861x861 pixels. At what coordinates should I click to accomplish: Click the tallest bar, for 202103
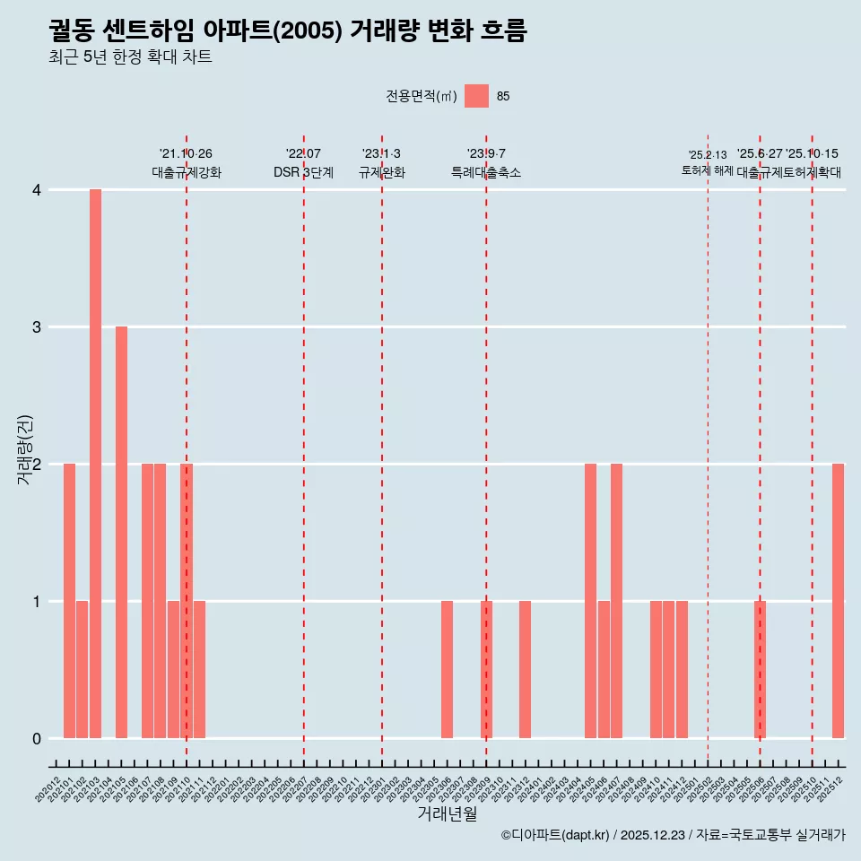(x=95, y=464)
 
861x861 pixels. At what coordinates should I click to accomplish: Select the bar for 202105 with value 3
(x=121, y=532)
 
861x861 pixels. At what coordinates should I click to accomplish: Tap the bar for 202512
(x=838, y=601)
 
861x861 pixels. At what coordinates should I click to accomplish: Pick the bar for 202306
(x=447, y=669)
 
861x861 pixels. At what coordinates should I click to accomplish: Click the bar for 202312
(x=525, y=669)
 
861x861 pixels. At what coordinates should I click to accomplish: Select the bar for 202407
(x=616, y=601)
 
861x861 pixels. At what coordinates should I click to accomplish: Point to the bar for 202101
(x=69, y=601)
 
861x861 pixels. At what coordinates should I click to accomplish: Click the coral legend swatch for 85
(x=476, y=96)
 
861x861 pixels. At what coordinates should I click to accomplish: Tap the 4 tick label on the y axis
(x=37, y=190)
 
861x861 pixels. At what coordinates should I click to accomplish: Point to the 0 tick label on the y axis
(x=37, y=739)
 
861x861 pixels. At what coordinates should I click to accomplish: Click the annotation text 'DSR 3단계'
(x=303, y=172)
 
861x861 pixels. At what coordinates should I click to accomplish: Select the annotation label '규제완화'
(x=382, y=172)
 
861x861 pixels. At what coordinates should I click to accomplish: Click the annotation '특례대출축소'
(x=486, y=172)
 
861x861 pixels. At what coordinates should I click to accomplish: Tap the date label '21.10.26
(x=186, y=154)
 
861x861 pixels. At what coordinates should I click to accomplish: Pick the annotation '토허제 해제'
(x=708, y=170)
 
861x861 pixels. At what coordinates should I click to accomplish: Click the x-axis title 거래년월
(x=447, y=813)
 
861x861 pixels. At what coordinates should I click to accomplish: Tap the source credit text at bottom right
(x=673, y=835)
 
